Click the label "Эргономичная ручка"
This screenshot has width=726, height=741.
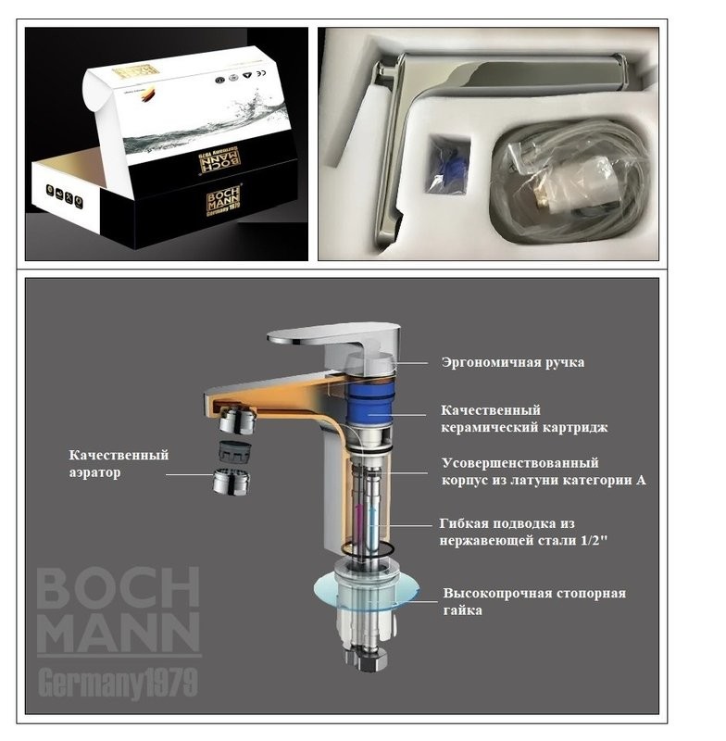tap(512, 362)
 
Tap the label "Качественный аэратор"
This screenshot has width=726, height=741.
tap(119, 464)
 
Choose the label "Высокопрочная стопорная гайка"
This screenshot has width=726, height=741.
tap(533, 601)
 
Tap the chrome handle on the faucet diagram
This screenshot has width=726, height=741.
tap(333, 335)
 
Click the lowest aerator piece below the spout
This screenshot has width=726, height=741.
tap(232, 482)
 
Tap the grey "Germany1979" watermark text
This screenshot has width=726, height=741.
tap(118, 683)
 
